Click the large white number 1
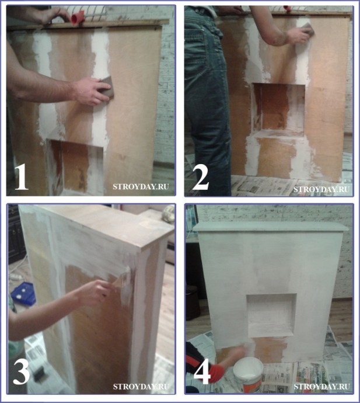point(22,177)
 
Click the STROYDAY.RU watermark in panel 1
point(141,186)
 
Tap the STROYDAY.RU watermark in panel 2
point(321,189)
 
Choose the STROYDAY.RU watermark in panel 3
point(141,386)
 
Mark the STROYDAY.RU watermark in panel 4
point(321,386)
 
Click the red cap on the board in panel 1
point(78,18)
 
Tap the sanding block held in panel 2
point(306,29)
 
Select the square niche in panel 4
point(271,315)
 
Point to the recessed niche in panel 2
point(279,110)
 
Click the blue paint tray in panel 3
point(23,294)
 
